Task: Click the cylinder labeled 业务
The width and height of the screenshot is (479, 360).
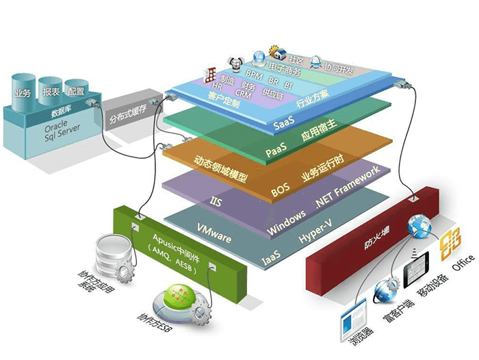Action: [21, 88]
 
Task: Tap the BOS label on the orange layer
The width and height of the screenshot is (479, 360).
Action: [281, 192]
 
